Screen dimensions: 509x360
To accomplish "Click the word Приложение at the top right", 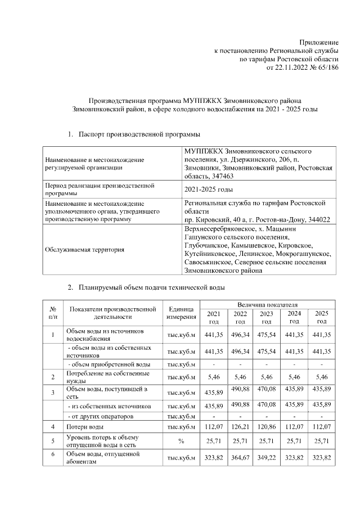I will point(319,43).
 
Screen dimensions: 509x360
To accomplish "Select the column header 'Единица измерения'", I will point(181,313).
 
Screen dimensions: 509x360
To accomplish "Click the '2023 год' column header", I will point(267,317).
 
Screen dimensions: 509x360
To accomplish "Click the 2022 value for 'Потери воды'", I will point(240,427).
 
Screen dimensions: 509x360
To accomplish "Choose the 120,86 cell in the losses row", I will point(267,427).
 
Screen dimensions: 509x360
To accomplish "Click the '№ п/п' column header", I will point(52,313).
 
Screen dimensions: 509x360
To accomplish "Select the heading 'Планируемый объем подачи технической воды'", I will point(152,288).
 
